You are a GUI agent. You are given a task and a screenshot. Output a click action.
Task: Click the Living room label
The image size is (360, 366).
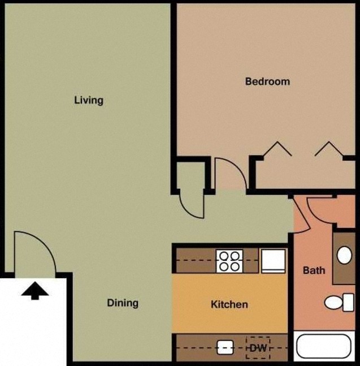click(89, 100)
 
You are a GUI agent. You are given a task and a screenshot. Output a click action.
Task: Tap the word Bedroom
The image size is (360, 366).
click(267, 81)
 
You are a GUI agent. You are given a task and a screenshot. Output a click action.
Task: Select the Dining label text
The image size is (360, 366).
click(123, 303)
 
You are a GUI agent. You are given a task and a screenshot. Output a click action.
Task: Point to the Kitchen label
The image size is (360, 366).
click(229, 304)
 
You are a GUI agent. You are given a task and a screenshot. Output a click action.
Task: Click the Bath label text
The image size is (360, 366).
click(314, 270)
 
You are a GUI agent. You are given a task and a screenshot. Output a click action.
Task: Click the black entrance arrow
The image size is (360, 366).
click(35, 291)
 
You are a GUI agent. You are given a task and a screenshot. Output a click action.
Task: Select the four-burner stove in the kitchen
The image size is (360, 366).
click(229, 261)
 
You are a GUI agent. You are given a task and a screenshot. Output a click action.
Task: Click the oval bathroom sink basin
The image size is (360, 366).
click(344, 256)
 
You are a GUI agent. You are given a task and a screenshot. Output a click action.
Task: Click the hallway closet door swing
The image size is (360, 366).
click(191, 202)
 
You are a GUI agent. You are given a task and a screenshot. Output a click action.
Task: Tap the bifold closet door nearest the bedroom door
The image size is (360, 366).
click(277, 148)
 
